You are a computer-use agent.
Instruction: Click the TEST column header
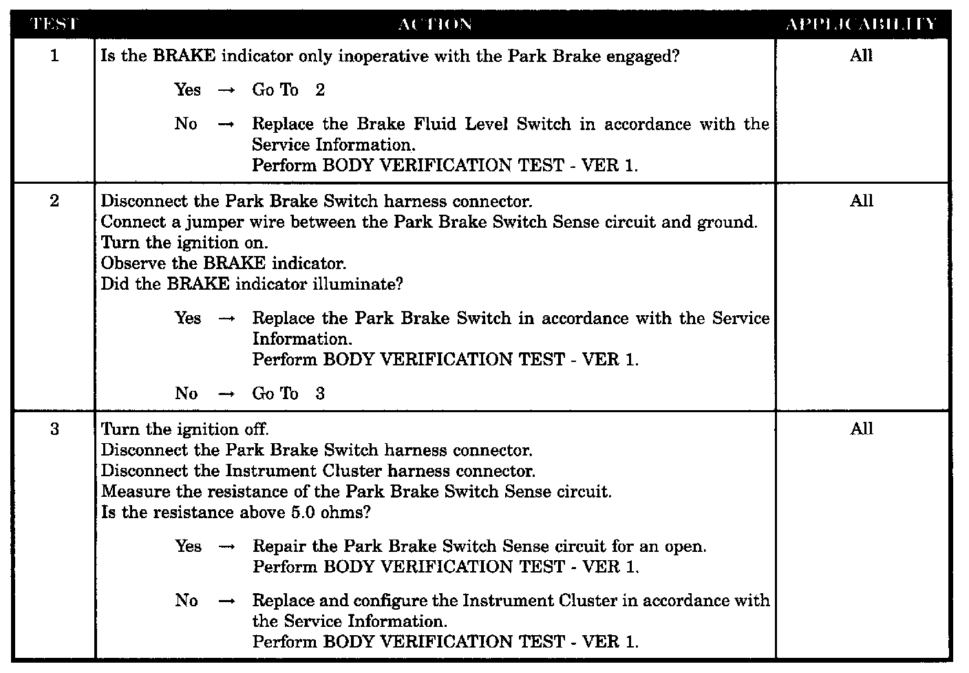(x=54, y=25)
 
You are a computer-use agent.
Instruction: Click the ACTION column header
(x=435, y=25)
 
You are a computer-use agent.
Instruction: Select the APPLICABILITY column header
(x=861, y=25)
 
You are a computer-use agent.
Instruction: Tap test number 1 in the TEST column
(x=54, y=56)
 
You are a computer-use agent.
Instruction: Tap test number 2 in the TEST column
(x=54, y=201)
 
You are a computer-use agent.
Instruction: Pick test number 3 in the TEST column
(x=54, y=429)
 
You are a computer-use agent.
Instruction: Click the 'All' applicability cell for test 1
(x=861, y=56)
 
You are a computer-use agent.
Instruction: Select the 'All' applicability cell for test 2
(x=861, y=201)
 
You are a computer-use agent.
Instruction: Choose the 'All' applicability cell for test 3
(x=861, y=429)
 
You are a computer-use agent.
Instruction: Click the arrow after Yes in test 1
(x=226, y=91)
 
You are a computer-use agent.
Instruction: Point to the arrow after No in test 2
(x=226, y=394)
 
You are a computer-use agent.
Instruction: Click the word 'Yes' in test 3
(x=188, y=546)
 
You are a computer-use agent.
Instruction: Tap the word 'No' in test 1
(x=186, y=124)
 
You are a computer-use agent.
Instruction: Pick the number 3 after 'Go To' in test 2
(x=320, y=394)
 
